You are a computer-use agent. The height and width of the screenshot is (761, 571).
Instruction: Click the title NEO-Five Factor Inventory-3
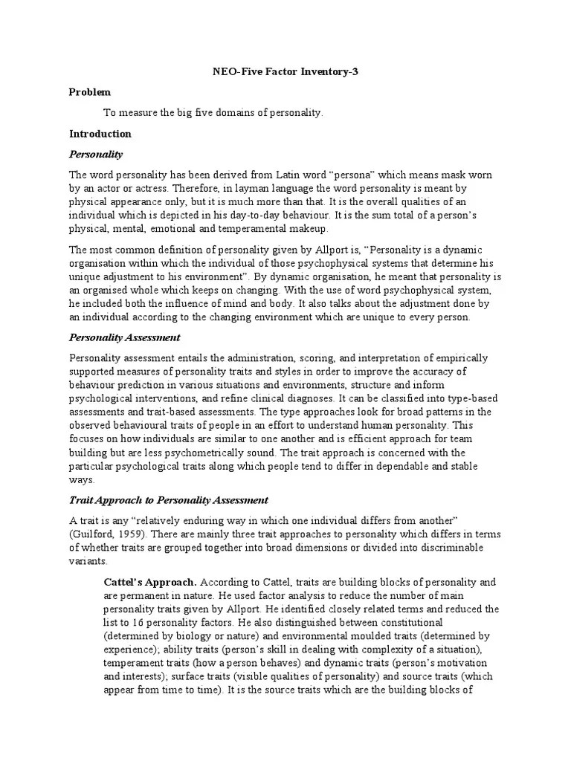(285, 71)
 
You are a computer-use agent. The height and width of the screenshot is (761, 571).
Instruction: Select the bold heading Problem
(90, 92)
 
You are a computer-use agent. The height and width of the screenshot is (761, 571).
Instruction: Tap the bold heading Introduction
(100, 134)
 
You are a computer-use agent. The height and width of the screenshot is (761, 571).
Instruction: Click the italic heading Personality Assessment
(125, 337)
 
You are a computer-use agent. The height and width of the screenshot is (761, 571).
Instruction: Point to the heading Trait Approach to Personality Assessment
(169, 500)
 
